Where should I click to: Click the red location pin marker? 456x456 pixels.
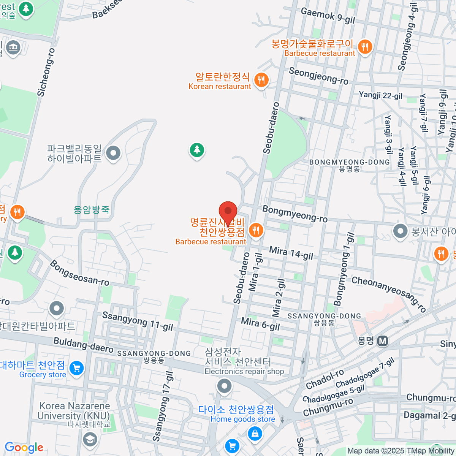pyautogui.click(x=228, y=211)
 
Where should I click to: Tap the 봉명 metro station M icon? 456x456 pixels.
pyautogui.click(x=383, y=341)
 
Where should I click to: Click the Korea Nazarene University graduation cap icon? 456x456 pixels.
pyautogui.click(x=90, y=440)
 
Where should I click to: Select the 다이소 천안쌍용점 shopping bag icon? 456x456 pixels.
pyautogui.click(x=255, y=433)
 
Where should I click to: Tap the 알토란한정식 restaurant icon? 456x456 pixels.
pyautogui.click(x=261, y=80)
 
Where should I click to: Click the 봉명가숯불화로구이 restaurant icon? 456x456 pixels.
pyautogui.click(x=365, y=47)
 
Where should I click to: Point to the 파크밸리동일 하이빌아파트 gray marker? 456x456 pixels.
pyautogui.click(x=113, y=154)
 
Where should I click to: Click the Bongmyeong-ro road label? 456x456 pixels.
pyautogui.click(x=295, y=214)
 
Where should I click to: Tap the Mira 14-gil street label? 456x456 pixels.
pyautogui.click(x=291, y=253)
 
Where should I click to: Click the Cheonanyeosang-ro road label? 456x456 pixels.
pyautogui.click(x=389, y=294)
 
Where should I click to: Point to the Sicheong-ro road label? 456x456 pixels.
pyautogui.click(x=46, y=72)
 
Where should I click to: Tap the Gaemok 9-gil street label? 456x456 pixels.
pyautogui.click(x=328, y=16)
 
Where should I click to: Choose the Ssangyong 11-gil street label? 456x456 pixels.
pyautogui.click(x=138, y=321)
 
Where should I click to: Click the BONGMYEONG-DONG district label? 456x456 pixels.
pyautogui.click(x=349, y=162)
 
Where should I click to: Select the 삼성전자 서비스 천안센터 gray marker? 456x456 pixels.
pyautogui.click(x=224, y=386)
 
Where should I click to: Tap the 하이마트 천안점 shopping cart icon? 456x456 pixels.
pyautogui.click(x=77, y=368)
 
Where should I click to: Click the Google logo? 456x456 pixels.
pyautogui.click(x=24, y=447)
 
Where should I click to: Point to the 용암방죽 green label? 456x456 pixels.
pyautogui.click(x=92, y=209)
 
